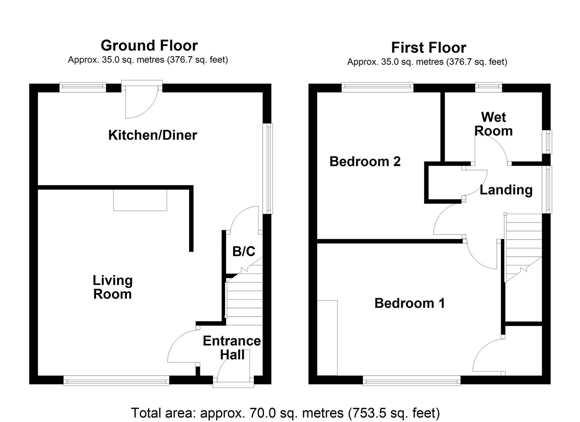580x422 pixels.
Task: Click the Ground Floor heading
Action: coord(149,46)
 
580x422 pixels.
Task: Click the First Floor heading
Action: coord(428,48)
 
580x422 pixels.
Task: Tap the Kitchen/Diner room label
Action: coord(152,135)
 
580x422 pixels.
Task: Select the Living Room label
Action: coord(112,287)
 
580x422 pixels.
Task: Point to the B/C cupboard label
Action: coord(243,251)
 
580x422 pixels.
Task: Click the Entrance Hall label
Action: coord(232,348)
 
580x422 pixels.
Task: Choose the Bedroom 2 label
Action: coord(365,161)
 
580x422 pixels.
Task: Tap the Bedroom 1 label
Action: coord(409,303)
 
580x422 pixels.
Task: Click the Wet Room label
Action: coord(493,124)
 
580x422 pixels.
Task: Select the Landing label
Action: coord(506,190)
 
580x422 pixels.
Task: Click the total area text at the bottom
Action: coord(286,413)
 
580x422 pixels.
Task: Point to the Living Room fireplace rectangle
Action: coord(140,200)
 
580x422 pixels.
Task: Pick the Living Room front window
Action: coord(116,380)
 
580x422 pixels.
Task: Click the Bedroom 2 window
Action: coord(377,87)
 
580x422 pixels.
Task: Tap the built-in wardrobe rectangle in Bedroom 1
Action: coord(327,338)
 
